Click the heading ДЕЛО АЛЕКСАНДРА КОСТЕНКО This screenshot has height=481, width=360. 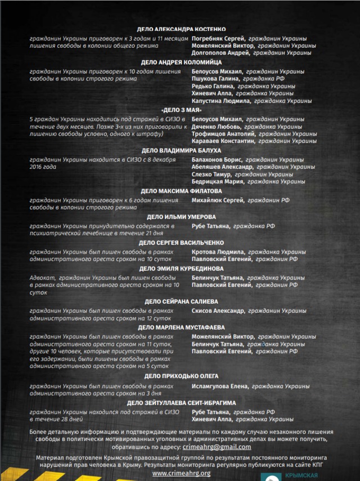181,29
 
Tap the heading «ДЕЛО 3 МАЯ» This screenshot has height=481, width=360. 181,110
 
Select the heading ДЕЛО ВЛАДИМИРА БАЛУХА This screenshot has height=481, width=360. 181,151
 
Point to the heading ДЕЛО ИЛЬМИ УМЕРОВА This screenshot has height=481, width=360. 181,217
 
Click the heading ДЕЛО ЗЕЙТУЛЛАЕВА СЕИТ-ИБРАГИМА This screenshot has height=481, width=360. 181,403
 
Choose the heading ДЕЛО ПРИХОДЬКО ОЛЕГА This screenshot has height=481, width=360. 181,376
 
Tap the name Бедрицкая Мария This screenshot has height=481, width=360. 217,182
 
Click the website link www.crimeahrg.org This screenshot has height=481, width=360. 181,473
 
